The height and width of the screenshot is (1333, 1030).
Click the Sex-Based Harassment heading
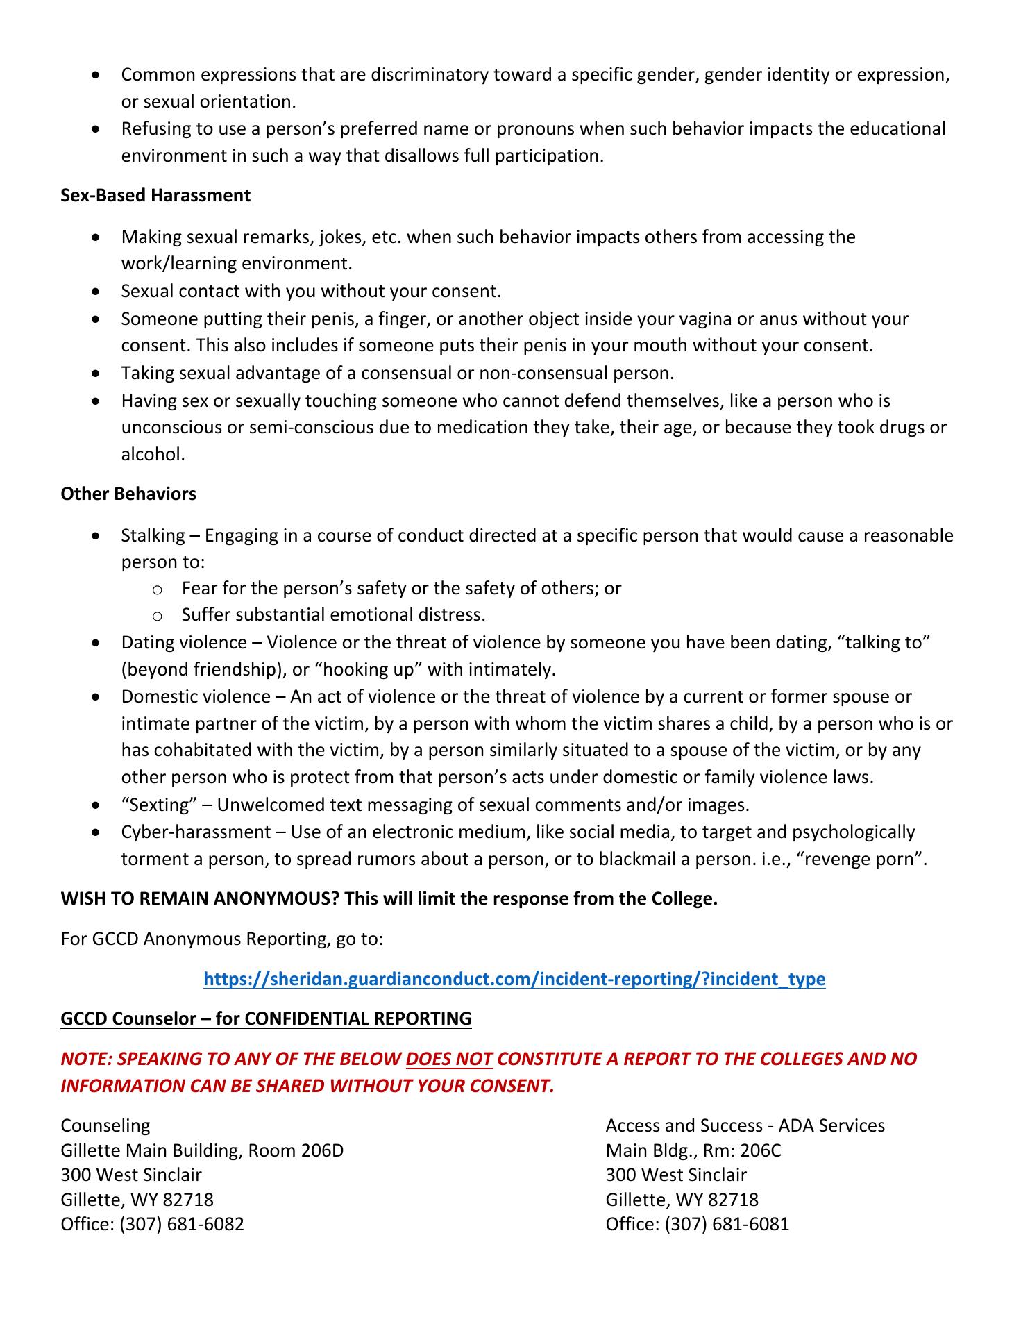pyautogui.click(x=155, y=196)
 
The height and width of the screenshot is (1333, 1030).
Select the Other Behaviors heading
pyautogui.click(x=128, y=494)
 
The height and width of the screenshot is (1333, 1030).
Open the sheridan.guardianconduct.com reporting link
pyautogui.click(x=514, y=979)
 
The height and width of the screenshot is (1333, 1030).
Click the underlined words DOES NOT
pyautogui.click(x=449, y=1059)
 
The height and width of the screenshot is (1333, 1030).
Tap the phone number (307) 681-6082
pyautogui.click(x=182, y=1224)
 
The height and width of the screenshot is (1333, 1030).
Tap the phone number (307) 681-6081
pyautogui.click(x=727, y=1224)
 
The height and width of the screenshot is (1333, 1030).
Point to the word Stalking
pyautogui.click(x=153, y=535)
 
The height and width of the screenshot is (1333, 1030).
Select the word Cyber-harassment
pyautogui.click(x=196, y=832)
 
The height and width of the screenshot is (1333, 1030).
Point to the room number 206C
pyautogui.click(x=760, y=1150)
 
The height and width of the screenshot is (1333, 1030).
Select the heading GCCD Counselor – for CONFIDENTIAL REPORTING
pyautogui.click(x=266, y=1018)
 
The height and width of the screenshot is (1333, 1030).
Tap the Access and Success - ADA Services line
pyautogui.click(x=745, y=1125)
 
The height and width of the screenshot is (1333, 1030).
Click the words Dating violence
pyautogui.click(x=184, y=642)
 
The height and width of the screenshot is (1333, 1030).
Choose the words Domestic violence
pyautogui.click(x=196, y=696)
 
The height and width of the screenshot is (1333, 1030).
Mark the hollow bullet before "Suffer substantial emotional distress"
pyautogui.click(x=157, y=616)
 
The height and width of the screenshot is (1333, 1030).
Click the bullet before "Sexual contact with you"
pyautogui.click(x=96, y=292)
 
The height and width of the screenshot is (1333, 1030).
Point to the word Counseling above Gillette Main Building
pyautogui.click(x=105, y=1125)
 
